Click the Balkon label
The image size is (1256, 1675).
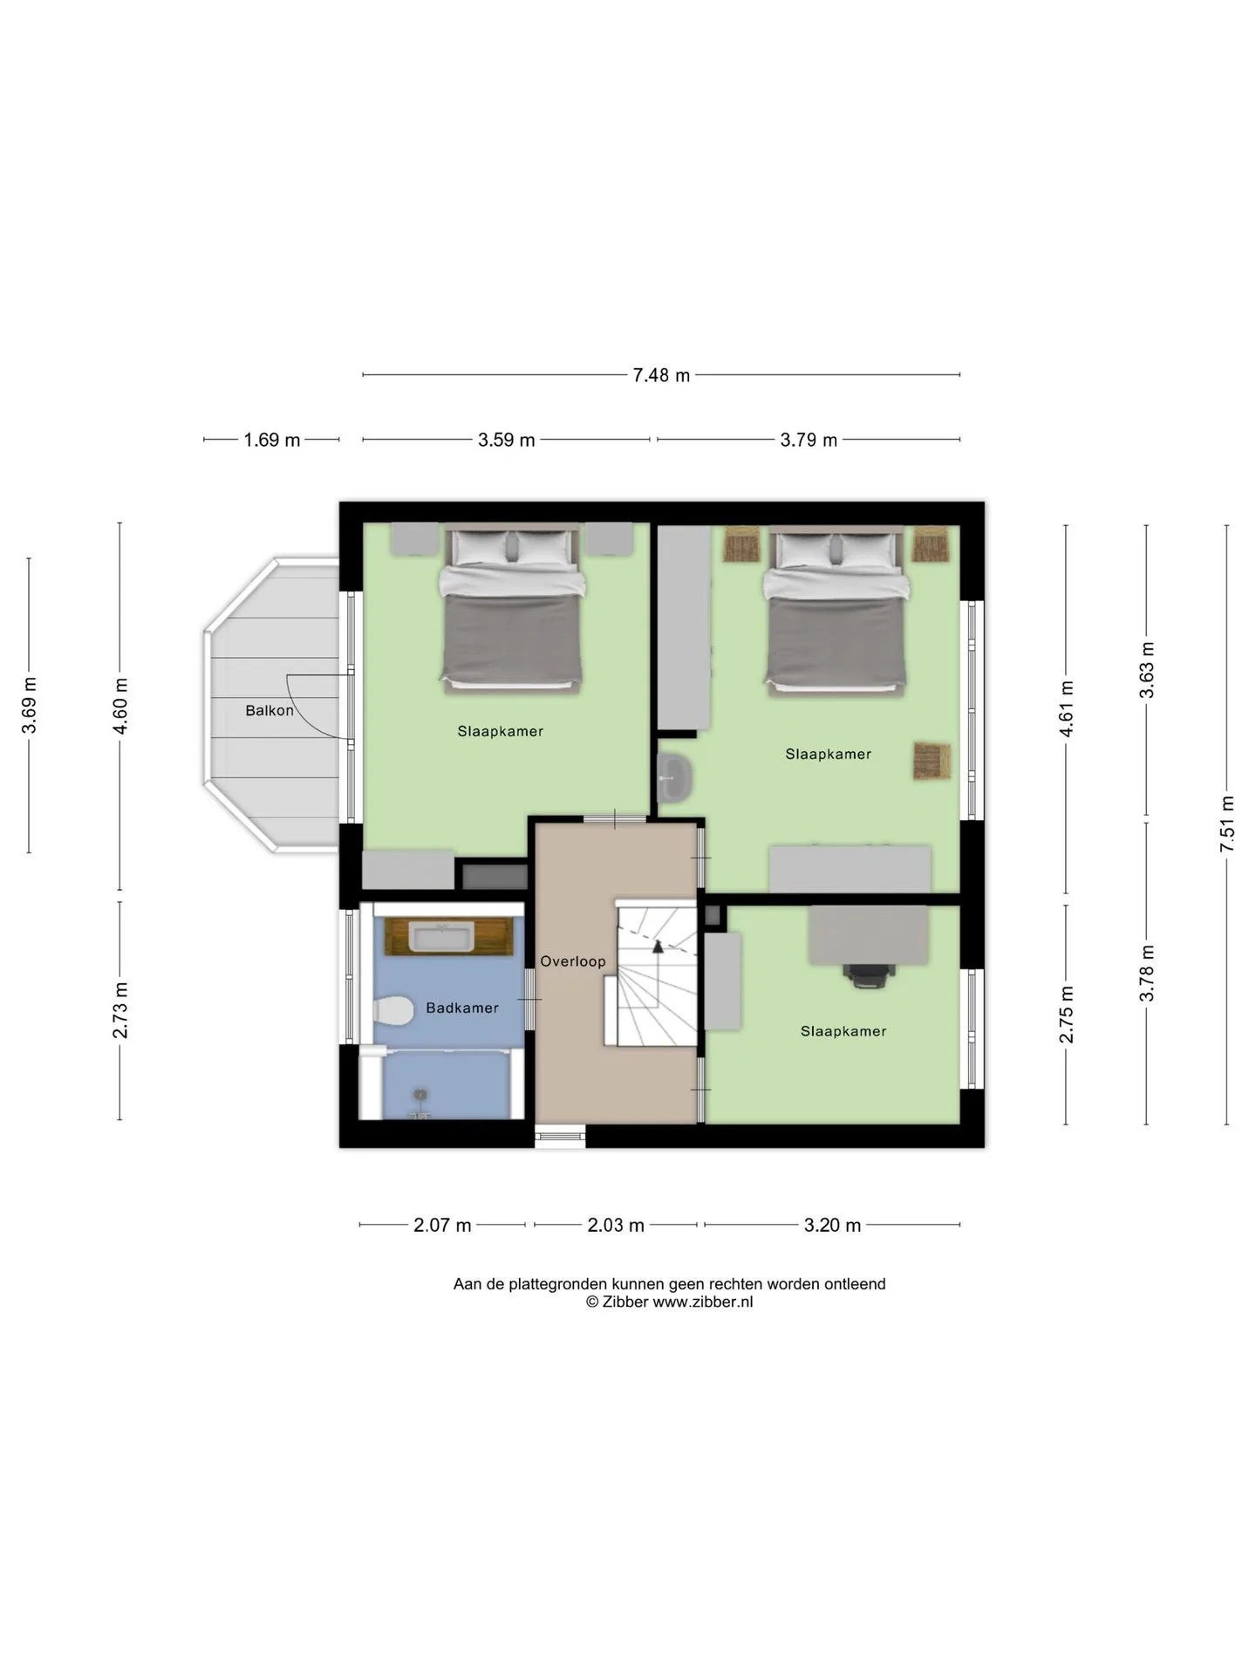click(270, 711)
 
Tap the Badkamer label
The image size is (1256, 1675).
click(462, 1008)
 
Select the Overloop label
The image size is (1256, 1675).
click(573, 961)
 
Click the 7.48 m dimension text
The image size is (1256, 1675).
click(661, 375)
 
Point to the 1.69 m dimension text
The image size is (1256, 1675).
click(272, 440)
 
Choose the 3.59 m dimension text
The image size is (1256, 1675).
click(507, 440)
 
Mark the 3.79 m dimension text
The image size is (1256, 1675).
click(809, 440)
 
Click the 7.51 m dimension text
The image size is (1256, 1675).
click(1227, 824)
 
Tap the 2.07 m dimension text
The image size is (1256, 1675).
click(442, 1225)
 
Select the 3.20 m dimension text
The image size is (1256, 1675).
click(832, 1225)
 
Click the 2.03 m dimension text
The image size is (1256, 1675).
click(616, 1225)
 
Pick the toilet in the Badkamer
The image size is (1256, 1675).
click(393, 1011)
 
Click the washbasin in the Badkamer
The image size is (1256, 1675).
click(442, 938)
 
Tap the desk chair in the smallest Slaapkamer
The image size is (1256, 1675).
click(869, 975)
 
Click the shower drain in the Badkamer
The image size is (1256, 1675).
click(421, 1094)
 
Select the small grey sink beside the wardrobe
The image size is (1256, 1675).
click(674, 776)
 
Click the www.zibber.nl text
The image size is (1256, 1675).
click(703, 1302)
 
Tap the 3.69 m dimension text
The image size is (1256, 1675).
click(29, 705)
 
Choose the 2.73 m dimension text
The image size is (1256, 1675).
click(120, 1010)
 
